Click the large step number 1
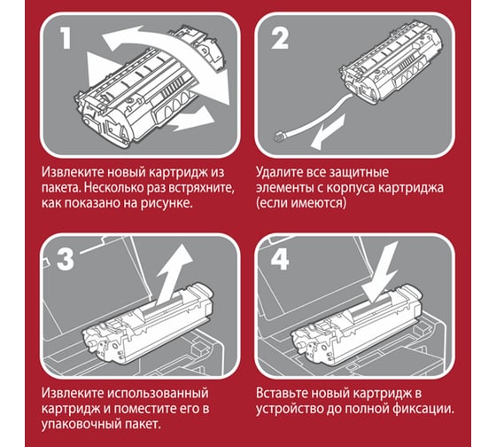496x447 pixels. [x=66, y=38]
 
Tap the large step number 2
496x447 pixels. [x=280, y=38]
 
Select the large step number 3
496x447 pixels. [x=66, y=259]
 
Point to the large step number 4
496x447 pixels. [x=280, y=258]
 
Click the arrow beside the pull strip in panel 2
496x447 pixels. [x=328, y=132]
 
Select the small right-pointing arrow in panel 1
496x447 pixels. [x=191, y=119]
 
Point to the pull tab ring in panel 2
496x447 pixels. [x=281, y=137]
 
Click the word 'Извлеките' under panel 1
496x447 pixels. [x=73, y=172]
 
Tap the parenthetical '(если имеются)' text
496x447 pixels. [x=301, y=203]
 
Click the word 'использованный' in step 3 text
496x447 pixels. [x=158, y=393]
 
